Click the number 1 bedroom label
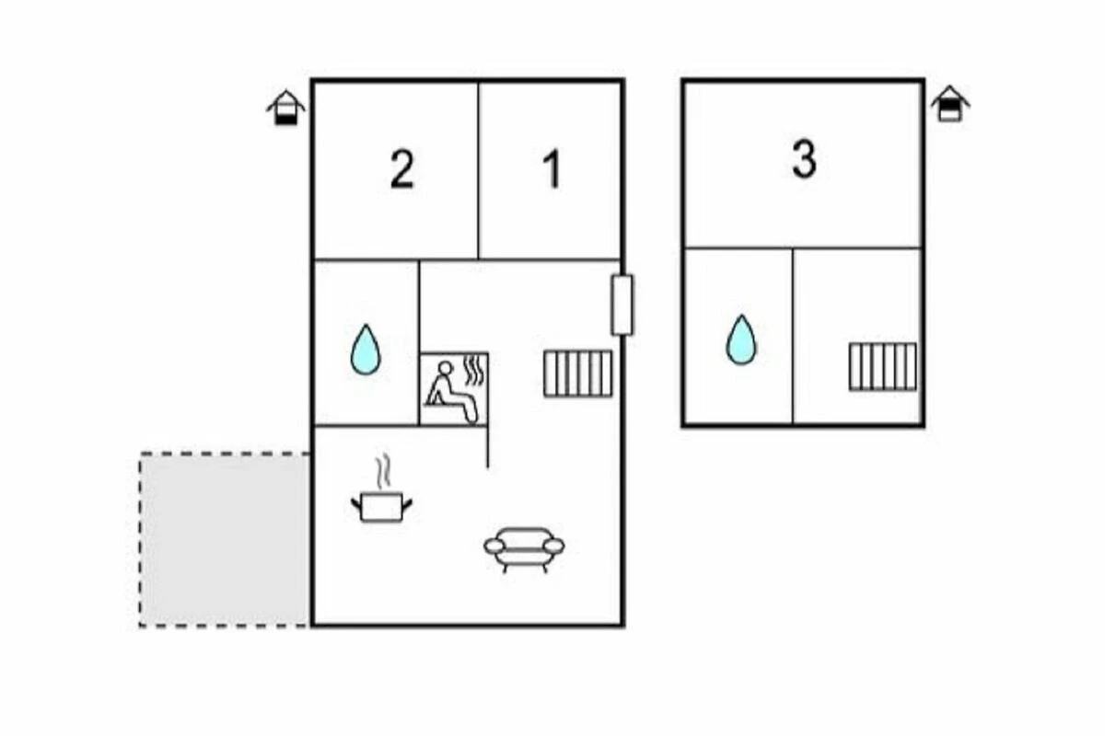click(552, 170)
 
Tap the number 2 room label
click(401, 170)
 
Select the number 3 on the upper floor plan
click(804, 160)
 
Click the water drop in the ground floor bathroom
click(366, 350)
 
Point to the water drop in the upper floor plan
click(740, 339)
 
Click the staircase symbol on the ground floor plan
click(577, 374)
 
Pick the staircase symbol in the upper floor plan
click(882, 366)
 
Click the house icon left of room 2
click(286, 108)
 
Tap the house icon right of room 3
click(949, 103)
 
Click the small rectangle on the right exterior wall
click(622, 305)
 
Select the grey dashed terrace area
click(225, 539)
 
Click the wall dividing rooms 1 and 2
click(479, 170)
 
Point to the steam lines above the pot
click(382, 473)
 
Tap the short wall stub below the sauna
click(487, 446)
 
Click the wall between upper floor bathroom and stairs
click(793, 336)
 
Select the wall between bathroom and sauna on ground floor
click(419, 386)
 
